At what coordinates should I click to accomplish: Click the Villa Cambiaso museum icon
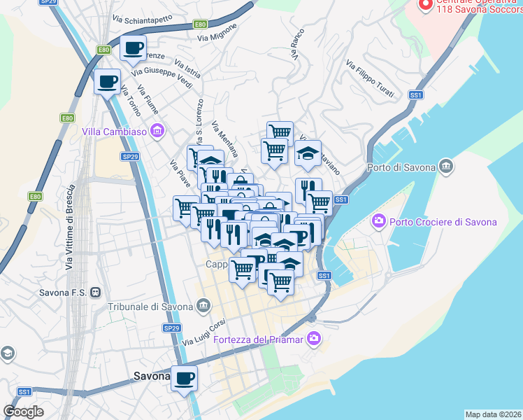pyautogui.click(x=157, y=131)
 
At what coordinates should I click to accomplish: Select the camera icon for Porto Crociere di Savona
pyautogui.click(x=379, y=221)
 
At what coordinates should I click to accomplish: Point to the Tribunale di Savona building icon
pyautogui.click(x=203, y=305)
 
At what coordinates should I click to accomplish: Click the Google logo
pyautogui.click(x=23, y=412)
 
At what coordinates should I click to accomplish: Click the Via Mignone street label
pyautogui.click(x=217, y=35)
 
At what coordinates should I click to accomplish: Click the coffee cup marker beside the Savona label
pyautogui.click(x=184, y=379)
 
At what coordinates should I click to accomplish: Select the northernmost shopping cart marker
pyautogui.click(x=280, y=131)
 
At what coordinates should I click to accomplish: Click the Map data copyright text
pyautogui.click(x=493, y=414)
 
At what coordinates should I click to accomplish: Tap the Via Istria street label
pyautogui.click(x=189, y=72)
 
